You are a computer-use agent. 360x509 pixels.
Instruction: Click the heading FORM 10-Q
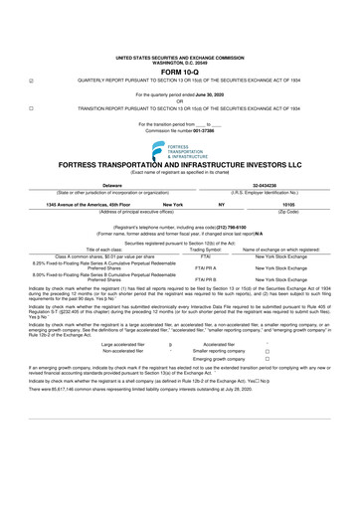coord(180,72)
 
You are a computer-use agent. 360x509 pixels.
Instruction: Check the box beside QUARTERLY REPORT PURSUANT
coord(31,82)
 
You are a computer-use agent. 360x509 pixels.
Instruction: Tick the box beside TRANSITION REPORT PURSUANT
coord(31,107)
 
